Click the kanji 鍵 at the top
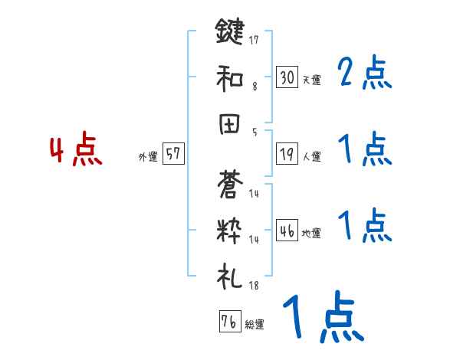[229, 34]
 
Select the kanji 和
[229, 78]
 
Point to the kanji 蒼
[229, 184]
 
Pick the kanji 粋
[229, 230]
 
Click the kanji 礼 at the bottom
[229, 275]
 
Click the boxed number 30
[287, 77]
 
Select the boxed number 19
[287, 154]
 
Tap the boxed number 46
[287, 231]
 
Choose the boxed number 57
[172, 154]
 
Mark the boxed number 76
[228, 322]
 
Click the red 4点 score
[75, 151]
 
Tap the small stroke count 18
[254, 286]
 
